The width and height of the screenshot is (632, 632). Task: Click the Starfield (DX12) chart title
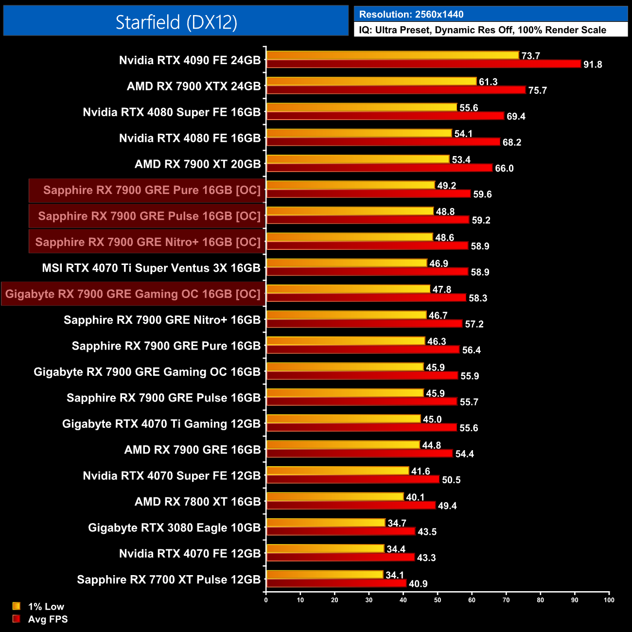(x=176, y=22)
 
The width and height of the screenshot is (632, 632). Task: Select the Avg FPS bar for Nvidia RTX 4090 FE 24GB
(x=423, y=64)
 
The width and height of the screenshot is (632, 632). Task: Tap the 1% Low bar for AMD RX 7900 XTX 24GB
(x=371, y=81)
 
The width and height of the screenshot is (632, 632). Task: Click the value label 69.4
(x=516, y=116)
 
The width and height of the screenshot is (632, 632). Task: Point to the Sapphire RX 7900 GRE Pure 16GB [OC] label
(x=152, y=190)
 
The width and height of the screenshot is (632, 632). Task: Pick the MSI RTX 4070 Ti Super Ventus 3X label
(x=151, y=268)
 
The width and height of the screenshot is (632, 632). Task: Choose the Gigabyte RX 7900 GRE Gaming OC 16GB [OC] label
(x=133, y=294)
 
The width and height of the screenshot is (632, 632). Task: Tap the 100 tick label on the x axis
(x=609, y=599)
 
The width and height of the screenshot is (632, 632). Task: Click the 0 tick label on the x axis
(x=266, y=599)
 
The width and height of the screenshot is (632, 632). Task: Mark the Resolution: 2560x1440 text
(x=411, y=15)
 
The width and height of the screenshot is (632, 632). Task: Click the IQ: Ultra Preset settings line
(x=482, y=30)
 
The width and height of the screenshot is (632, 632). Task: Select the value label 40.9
(x=418, y=584)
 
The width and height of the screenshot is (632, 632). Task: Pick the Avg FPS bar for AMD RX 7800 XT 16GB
(x=351, y=506)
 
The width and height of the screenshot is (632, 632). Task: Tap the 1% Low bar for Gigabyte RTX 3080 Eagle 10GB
(x=326, y=523)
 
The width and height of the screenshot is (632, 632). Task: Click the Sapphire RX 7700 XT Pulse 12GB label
(x=169, y=579)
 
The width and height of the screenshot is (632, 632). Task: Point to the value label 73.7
(x=530, y=56)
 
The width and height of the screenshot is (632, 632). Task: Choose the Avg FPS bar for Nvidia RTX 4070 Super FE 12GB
(x=352, y=479)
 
